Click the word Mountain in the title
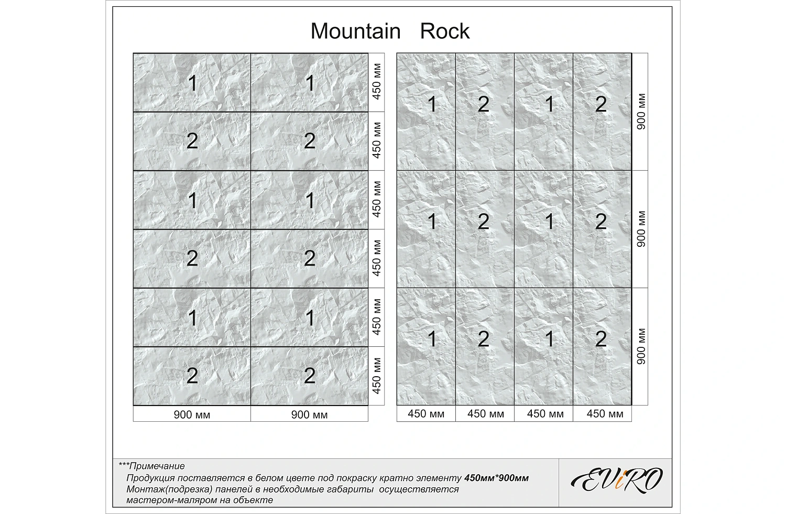355,31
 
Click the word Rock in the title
445,31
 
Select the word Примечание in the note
157,466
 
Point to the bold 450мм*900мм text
497,478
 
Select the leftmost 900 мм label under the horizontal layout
192,415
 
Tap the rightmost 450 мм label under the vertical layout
605,414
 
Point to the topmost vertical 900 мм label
641,112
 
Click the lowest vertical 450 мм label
376,376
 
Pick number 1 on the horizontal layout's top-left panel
192,83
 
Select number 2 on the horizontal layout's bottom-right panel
310,376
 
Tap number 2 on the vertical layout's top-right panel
601,105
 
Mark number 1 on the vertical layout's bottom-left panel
432,339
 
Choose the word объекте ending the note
256,500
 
